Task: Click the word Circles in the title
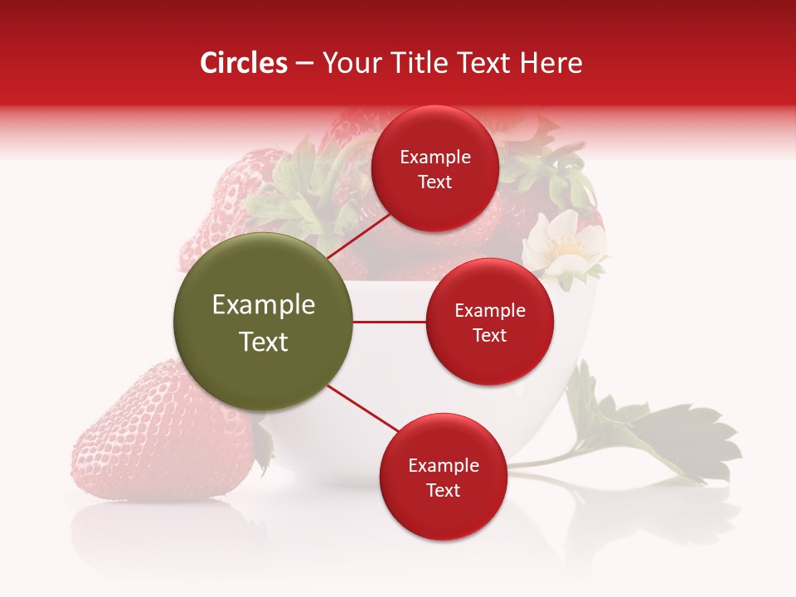click(243, 63)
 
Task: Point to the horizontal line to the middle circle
click(389, 322)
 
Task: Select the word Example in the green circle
click(263, 305)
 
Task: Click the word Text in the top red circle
click(434, 182)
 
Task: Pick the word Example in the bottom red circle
click(443, 465)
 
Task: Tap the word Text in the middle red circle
click(489, 335)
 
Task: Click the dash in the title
click(303, 63)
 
